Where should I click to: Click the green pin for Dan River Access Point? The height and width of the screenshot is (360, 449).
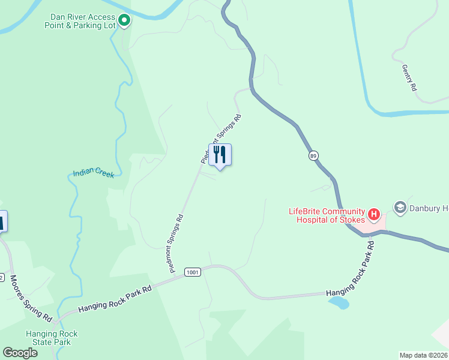(124, 21)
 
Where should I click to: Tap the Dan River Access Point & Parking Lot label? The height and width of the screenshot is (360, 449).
(80, 21)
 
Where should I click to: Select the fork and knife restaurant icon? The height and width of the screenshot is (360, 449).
(220, 155)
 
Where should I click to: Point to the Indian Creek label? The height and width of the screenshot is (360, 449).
(93, 173)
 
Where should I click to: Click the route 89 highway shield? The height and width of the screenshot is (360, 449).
(314, 156)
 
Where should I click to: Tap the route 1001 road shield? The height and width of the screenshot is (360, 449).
(193, 272)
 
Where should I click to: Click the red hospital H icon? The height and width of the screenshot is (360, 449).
(374, 214)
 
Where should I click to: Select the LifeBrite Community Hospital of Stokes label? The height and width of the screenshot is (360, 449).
(327, 215)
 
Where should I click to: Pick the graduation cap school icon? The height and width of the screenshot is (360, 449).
(400, 208)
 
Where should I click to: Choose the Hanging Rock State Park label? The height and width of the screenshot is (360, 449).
(52, 338)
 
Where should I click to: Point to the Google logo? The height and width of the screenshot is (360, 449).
(20, 353)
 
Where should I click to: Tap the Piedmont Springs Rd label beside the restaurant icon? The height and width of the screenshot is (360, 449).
(221, 137)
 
